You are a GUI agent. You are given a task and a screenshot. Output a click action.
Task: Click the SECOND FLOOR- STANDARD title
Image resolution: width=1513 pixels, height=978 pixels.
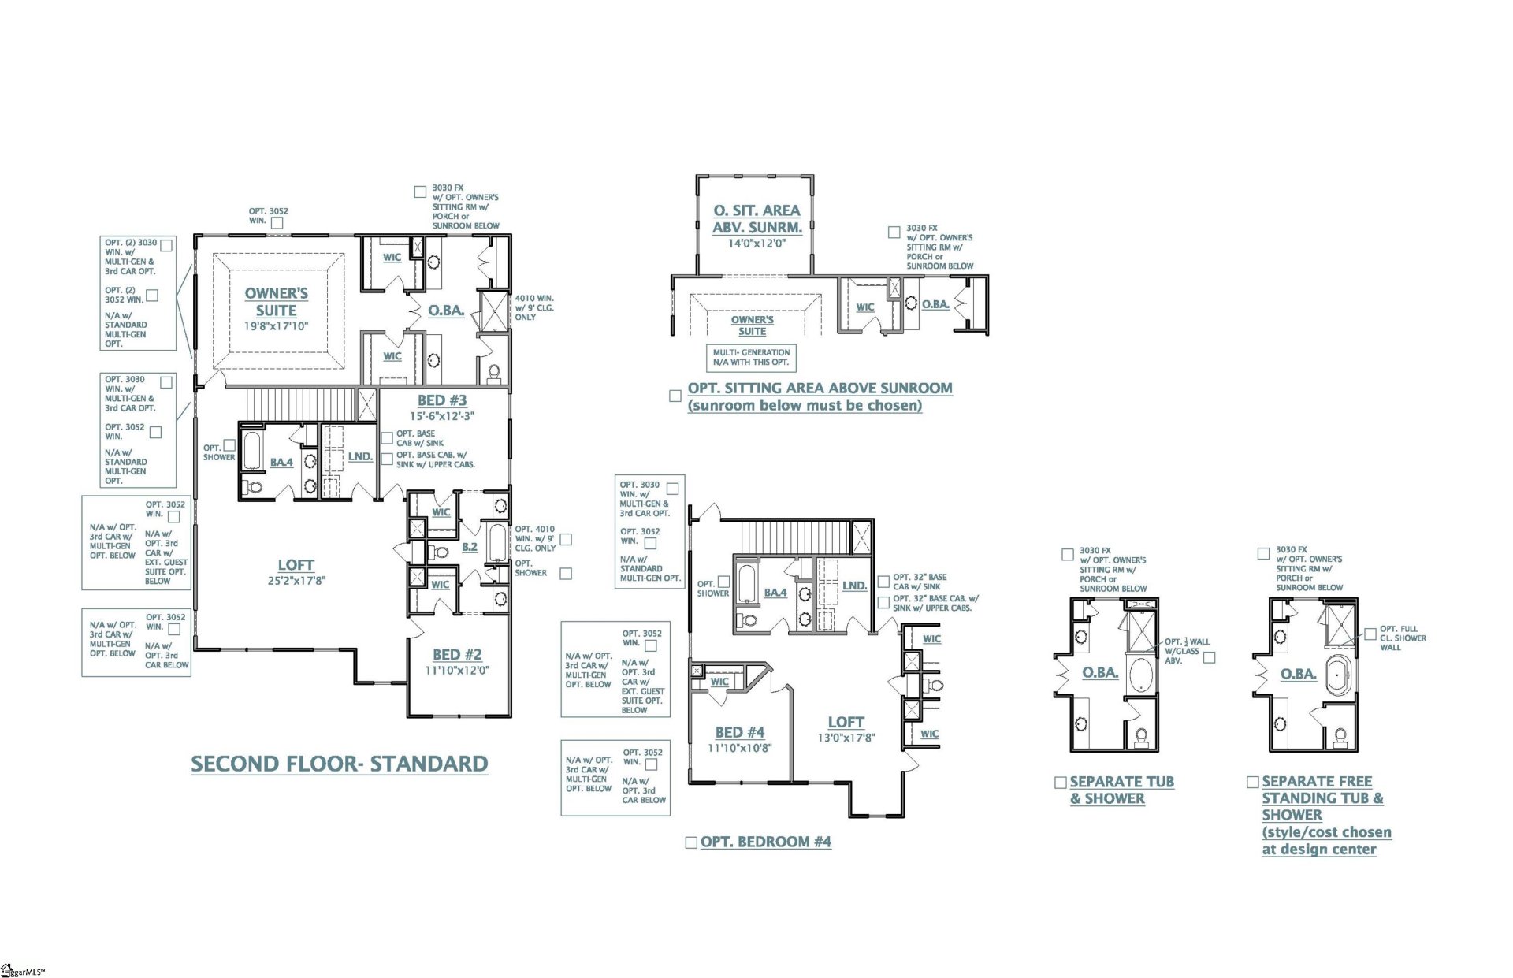[x=340, y=764]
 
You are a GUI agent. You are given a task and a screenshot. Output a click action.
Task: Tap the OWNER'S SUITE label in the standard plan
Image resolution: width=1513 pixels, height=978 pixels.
[x=276, y=302]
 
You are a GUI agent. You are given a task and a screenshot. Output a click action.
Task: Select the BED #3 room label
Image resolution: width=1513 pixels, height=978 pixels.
[x=442, y=400]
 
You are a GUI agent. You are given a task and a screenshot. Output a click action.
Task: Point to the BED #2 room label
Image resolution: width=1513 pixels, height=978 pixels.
[x=457, y=655]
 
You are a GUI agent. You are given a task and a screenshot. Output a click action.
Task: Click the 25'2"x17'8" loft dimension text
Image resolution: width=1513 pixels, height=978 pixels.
[x=296, y=581]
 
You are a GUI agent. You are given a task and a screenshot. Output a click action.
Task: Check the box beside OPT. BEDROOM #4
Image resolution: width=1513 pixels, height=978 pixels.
[x=691, y=842]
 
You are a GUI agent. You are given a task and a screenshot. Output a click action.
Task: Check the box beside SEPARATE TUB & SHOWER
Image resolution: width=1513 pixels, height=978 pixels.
[x=1061, y=783]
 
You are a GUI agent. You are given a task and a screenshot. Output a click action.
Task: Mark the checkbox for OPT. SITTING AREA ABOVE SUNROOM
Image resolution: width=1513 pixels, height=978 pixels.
[x=675, y=396]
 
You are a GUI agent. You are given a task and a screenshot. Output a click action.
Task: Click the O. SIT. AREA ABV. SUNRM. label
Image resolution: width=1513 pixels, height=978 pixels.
[x=756, y=219]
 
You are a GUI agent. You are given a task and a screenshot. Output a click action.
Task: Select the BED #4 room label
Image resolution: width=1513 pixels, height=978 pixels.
[x=739, y=733]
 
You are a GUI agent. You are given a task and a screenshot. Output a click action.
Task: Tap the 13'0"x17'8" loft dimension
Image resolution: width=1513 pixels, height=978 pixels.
[x=846, y=738]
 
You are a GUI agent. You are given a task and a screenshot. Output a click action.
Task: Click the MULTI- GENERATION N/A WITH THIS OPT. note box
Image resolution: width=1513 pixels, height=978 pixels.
[x=751, y=358]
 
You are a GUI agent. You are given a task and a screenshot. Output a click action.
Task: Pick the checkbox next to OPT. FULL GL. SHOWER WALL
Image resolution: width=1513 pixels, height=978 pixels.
[x=1370, y=634]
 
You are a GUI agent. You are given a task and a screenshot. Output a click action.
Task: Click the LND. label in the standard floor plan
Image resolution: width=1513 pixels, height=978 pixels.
[x=360, y=457]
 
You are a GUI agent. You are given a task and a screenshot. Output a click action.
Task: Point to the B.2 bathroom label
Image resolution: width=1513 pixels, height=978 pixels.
[x=470, y=547]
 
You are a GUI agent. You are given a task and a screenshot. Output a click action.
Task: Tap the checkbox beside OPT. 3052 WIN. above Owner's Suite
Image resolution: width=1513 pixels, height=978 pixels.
[x=277, y=224]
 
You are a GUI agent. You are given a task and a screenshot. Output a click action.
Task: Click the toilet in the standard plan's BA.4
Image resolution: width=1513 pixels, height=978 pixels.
[x=252, y=487]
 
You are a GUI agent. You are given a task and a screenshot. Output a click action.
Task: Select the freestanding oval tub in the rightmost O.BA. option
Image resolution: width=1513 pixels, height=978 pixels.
[x=1339, y=677]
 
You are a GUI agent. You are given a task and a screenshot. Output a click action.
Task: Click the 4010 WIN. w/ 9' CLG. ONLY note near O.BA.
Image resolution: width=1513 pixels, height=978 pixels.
[x=534, y=308]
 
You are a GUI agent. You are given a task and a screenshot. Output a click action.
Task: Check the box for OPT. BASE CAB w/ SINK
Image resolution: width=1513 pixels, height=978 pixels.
[x=387, y=438]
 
